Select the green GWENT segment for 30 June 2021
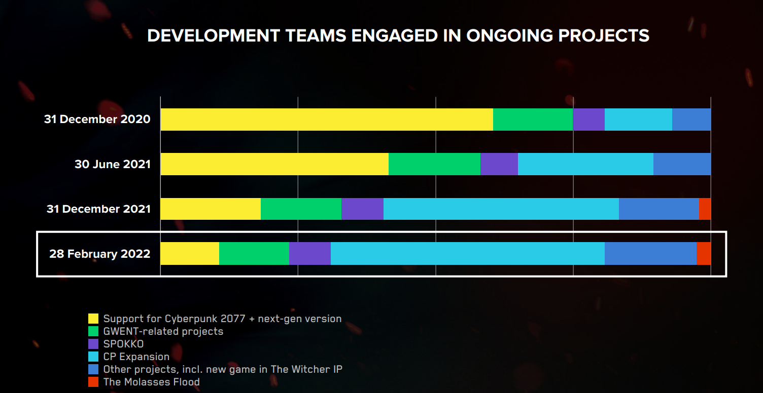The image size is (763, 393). click(434, 164)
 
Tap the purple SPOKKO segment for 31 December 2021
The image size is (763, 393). click(362, 209)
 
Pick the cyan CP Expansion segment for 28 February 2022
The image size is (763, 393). click(467, 253)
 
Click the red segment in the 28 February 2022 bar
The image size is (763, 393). click(704, 253)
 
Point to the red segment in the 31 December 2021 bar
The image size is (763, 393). click(705, 209)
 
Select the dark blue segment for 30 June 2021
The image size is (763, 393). click(682, 164)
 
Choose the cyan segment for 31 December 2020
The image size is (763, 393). click(638, 120)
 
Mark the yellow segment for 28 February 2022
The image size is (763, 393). click(190, 253)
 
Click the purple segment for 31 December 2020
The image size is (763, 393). click(588, 120)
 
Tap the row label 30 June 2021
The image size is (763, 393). click(113, 164)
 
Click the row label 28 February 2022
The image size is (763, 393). click(100, 254)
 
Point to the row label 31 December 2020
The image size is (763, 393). click(97, 120)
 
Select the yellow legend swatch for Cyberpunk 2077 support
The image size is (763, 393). click(93, 319)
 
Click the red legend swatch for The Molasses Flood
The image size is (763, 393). click(93, 382)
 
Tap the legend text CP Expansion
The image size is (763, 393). click(136, 357)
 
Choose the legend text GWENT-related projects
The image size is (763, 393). click(163, 331)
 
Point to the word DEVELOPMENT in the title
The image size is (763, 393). click(213, 35)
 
